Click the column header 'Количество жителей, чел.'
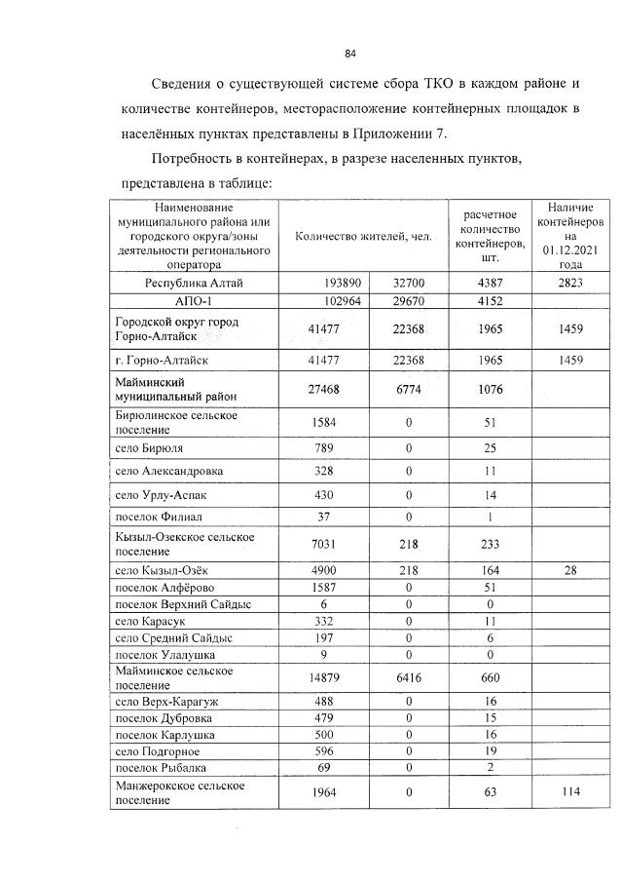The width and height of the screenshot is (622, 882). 363,237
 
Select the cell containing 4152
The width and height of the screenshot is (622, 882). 490,301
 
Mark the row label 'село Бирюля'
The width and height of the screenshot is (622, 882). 149,447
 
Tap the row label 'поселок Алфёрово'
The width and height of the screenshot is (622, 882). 165,587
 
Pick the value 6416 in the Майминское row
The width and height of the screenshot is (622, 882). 409,678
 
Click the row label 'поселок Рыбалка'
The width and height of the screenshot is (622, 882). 161,769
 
